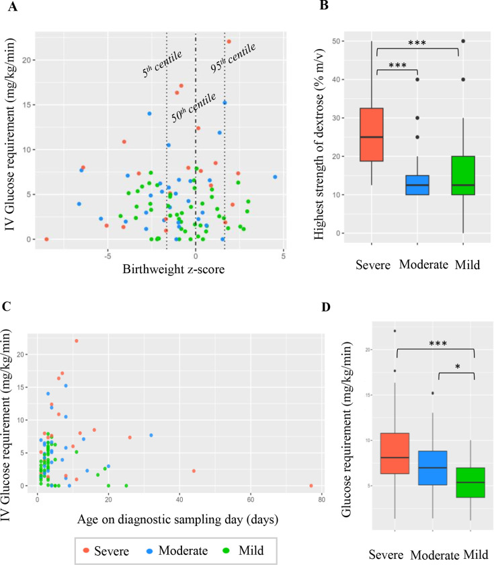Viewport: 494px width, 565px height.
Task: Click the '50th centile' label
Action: tap(193, 108)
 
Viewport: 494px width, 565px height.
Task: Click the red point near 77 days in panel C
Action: tap(311, 485)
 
